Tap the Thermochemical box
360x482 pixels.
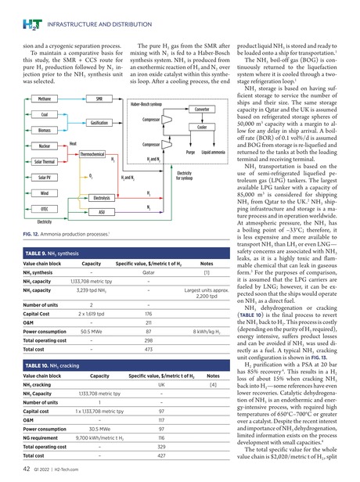[92, 155]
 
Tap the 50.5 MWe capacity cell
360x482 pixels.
[95, 332]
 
